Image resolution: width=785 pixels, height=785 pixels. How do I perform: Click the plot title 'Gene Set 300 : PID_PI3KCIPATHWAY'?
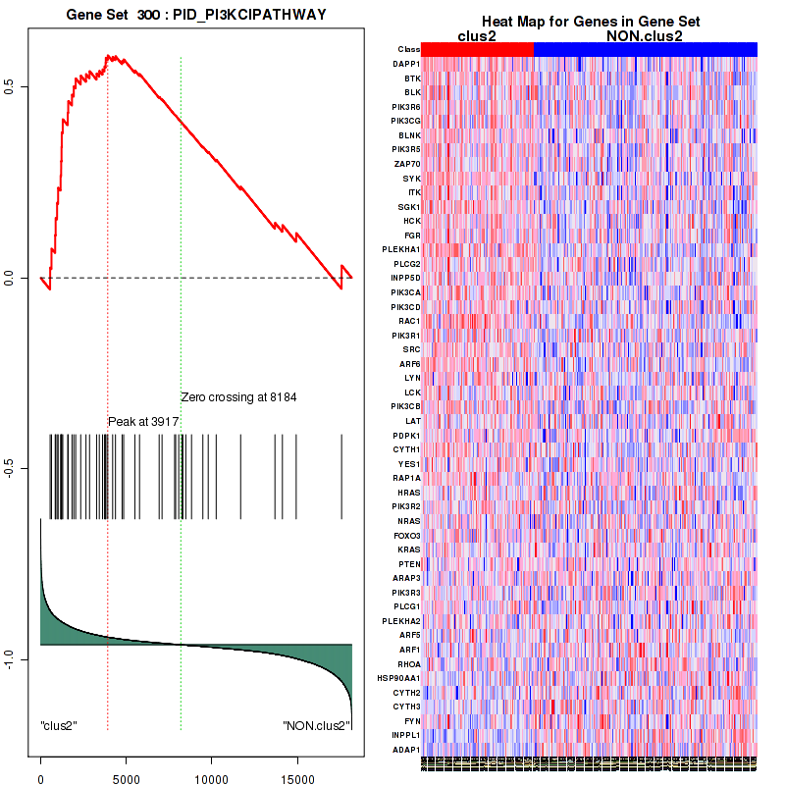[x=196, y=16]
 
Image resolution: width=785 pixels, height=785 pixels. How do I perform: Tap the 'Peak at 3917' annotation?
[x=143, y=421]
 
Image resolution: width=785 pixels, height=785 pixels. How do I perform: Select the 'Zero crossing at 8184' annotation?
[x=238, y=397]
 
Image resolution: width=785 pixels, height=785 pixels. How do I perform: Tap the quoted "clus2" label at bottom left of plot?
[x=59, y=726]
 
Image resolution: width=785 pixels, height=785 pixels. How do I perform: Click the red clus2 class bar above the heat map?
[x=477, y=49]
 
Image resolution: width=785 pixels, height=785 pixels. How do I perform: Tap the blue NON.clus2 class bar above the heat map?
[x=645, y=49]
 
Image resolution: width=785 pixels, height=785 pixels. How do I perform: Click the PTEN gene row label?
[x=408, y=564]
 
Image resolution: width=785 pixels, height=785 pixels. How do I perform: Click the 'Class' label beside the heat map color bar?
[x=408, y=49]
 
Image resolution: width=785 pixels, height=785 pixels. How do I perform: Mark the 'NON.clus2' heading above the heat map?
[x=645, y=35]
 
